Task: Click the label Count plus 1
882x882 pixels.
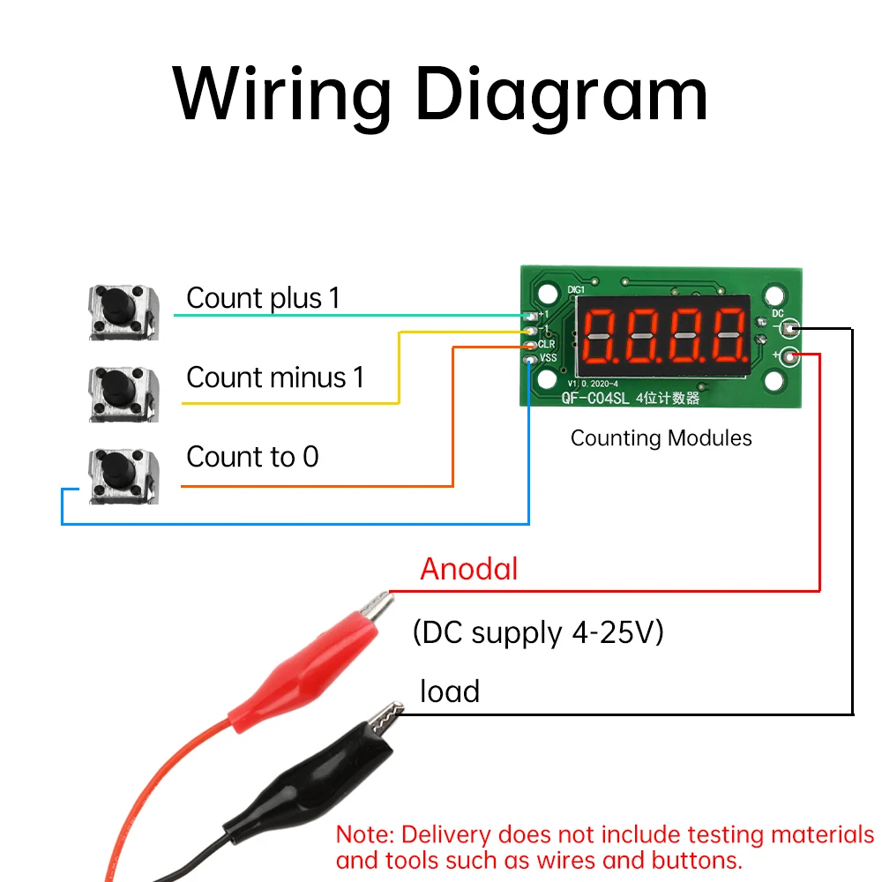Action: click(263, 298)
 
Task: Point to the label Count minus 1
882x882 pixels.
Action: click(274, 377)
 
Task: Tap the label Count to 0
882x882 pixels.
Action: click(252, 457)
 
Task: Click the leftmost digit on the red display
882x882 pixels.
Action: click(601, 337)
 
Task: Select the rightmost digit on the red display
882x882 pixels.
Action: click(728, 337)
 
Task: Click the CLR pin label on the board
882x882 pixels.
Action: click(546, 344)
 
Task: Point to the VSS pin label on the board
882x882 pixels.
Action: click(548, 358)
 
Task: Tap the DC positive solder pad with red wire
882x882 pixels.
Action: click(791, 355)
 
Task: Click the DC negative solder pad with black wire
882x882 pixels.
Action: click(791, 329)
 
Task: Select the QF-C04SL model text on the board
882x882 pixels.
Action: click(597, 398)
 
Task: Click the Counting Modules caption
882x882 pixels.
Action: click(661, 438)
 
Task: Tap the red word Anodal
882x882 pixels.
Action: click(468, 569)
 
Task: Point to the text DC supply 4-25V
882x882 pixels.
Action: click(537, 632)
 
